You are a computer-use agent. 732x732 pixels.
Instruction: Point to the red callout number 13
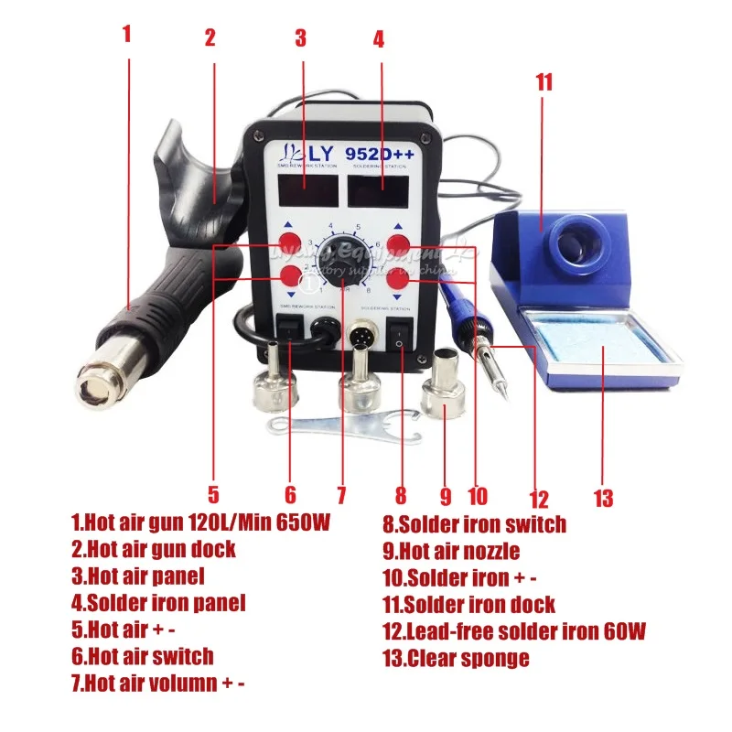tap(602, 498)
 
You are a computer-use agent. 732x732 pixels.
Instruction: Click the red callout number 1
tap(127, 34)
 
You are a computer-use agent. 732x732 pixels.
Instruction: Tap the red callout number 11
tap(544, 81)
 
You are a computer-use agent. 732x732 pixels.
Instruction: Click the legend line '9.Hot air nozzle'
tap(451, 551)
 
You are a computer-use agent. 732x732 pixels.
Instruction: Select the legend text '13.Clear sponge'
tap(456, 657)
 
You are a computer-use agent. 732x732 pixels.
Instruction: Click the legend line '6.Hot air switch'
tap(143, 656)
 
